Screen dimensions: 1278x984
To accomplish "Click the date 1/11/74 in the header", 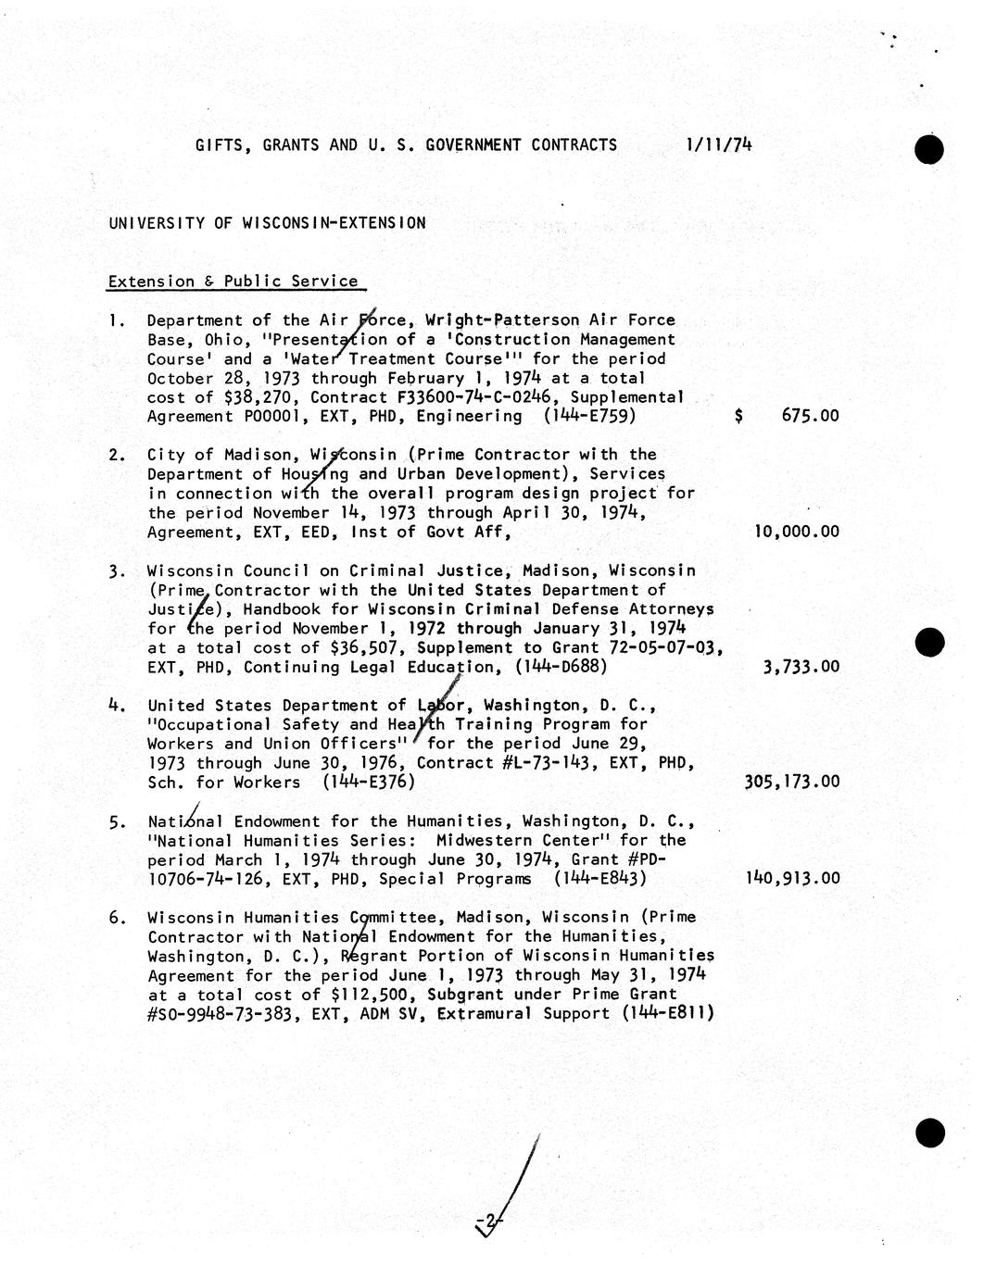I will coord(719,144).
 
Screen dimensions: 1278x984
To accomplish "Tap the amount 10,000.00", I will coord(797,532).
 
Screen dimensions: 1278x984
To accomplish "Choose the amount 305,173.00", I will coord(792,782).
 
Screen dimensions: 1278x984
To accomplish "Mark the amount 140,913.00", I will coord(792,878).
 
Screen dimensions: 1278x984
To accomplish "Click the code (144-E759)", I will coord(590,416).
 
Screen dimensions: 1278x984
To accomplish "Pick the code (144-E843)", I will coord(599,878).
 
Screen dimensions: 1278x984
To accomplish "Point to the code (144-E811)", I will coord(668,1013).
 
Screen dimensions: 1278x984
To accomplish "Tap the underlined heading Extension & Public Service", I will coord(233,282).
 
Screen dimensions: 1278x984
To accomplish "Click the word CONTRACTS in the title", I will coord(574,144).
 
